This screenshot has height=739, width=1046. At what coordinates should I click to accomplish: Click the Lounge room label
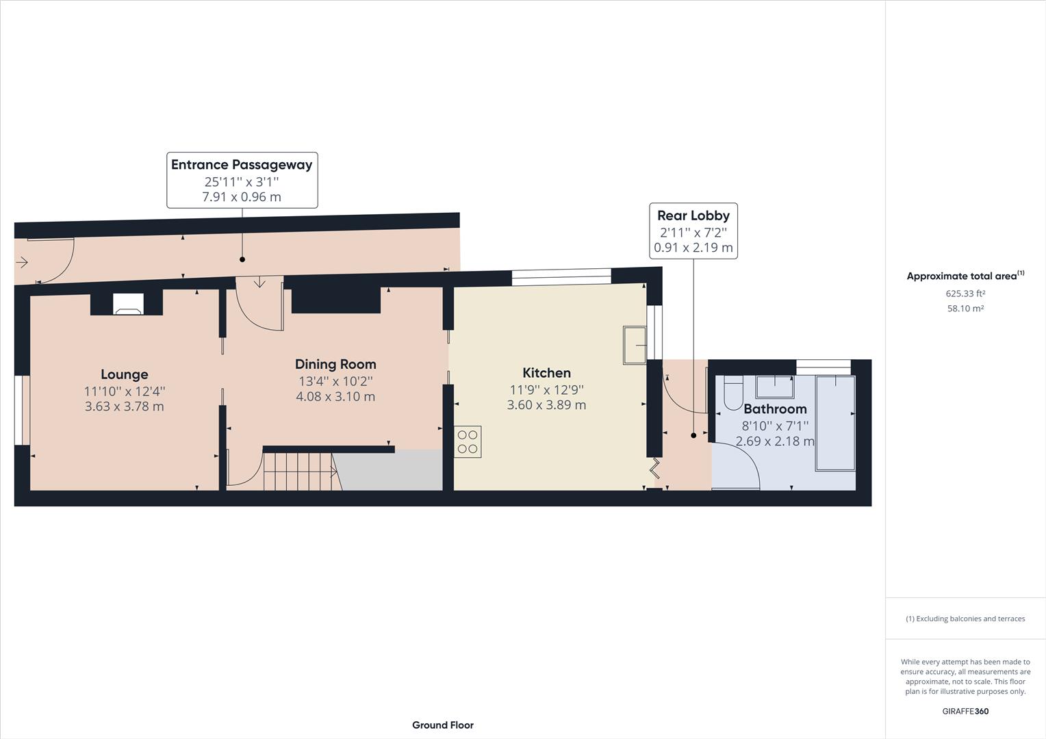click(124, 374)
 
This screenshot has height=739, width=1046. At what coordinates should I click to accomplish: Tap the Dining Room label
click(335, 364)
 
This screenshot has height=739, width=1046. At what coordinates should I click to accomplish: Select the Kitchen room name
click(546, 373)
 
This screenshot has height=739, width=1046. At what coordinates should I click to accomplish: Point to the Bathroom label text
click(775, 409)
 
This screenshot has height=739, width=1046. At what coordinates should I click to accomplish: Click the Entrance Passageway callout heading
click(242, 164)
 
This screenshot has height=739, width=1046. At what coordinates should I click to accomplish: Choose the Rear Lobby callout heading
click(693, 216)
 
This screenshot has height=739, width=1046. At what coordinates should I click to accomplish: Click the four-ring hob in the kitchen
click(468, 441)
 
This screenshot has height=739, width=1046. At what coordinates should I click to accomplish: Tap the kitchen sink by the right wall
click(634, 345)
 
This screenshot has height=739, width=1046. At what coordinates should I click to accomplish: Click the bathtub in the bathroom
click(834, 423)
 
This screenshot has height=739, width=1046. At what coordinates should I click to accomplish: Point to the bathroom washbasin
click(775, 387)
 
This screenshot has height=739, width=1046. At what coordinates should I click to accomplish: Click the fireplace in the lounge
click(128, 304)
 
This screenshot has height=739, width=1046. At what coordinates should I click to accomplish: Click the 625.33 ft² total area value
click(965, 294)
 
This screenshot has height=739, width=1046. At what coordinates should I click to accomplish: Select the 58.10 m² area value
click(965, 309)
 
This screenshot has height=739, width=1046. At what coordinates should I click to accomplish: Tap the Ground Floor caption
click(442, 725)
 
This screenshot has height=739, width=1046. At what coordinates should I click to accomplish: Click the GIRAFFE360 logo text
click(965, 711)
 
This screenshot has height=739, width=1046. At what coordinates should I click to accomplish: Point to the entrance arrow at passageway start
click(22, 262)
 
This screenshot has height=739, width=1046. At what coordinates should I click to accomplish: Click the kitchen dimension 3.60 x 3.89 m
click(546, 405)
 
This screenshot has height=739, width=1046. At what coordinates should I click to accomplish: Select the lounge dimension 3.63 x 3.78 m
click(124, 406)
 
